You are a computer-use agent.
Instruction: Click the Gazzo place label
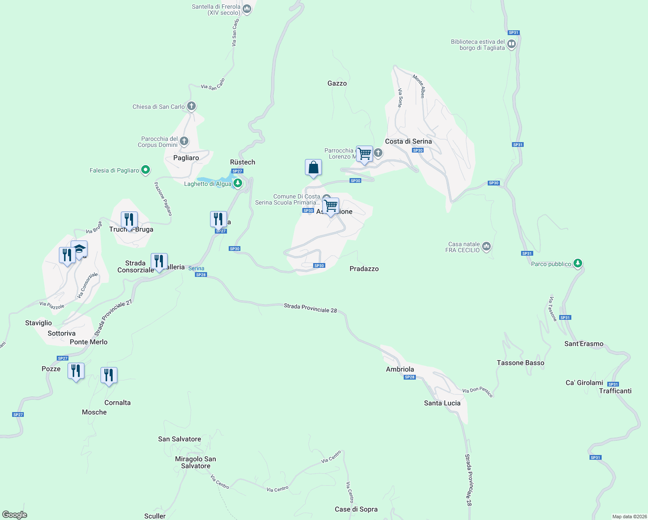tap(337, 83)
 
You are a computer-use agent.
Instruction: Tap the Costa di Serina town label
tap(408, 141)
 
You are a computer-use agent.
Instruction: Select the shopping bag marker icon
tap(313, 167)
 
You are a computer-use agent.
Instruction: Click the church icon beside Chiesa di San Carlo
tap(191, 106)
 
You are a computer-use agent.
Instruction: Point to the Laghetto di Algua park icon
tap(237, 184)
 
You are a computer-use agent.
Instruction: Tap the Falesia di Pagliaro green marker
tap(146, 170)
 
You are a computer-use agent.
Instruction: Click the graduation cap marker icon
tap(79, 249)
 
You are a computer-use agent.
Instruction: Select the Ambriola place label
tap(400, 369)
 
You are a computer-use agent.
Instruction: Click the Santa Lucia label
tap(442, 403)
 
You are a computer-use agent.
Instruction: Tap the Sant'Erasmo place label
tap(583, 344)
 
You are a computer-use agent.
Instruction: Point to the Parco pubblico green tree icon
tap(577, 263)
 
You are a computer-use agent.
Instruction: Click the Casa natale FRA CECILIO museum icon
tap(486, 247)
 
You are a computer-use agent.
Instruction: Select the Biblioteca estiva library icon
tap(512, 44)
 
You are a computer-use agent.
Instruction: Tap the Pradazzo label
tap(364, 269)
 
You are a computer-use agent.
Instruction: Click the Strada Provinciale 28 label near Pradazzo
tap(310, 308)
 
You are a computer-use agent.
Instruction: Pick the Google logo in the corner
tap(15, 515)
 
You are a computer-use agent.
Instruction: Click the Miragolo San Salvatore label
tap(195, 462)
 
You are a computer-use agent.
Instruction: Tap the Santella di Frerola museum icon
tap(247, 9)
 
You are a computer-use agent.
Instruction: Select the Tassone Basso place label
tap(520, 363)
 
